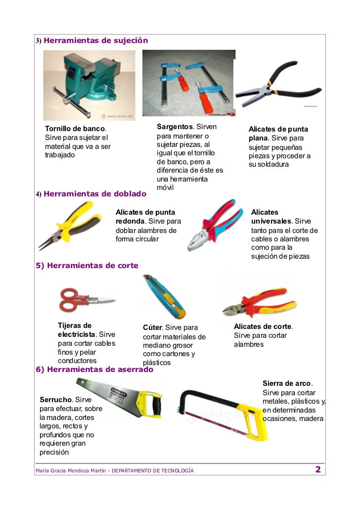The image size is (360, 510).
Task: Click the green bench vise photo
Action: [89, 85]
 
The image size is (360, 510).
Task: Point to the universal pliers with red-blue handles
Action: [215, 225]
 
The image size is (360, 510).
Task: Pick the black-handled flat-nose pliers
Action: [278, 84]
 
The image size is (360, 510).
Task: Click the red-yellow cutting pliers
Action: [260, 302]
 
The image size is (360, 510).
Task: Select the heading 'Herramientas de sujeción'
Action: [95, 41]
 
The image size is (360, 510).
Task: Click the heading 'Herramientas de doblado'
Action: [95, 194]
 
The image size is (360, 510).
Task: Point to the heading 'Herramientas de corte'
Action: [92, 266]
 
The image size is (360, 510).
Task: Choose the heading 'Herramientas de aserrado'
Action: [100, 370]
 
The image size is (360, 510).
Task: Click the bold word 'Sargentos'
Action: [175, 127]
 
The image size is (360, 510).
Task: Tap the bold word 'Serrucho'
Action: [55, 400]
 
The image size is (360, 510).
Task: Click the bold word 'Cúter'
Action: [152, 327]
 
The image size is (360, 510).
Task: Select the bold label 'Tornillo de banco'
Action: [75, 129]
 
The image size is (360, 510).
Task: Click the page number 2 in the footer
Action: [318, 469]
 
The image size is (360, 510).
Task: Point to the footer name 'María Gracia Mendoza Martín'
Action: [71, 470]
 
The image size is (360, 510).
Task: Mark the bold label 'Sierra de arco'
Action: [287, 383]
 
